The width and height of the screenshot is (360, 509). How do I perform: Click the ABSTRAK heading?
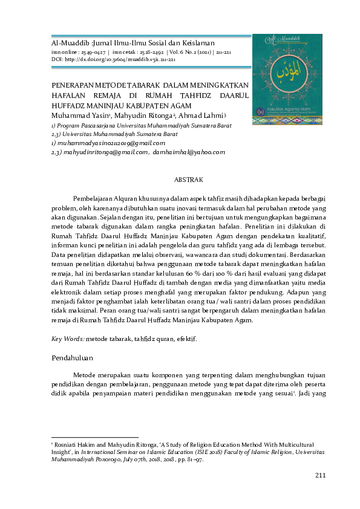188,180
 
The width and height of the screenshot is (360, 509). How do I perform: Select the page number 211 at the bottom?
320,476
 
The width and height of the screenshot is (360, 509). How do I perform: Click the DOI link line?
114,60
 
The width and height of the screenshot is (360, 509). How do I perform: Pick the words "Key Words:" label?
68,339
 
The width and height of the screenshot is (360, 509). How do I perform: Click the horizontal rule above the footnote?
95,436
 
